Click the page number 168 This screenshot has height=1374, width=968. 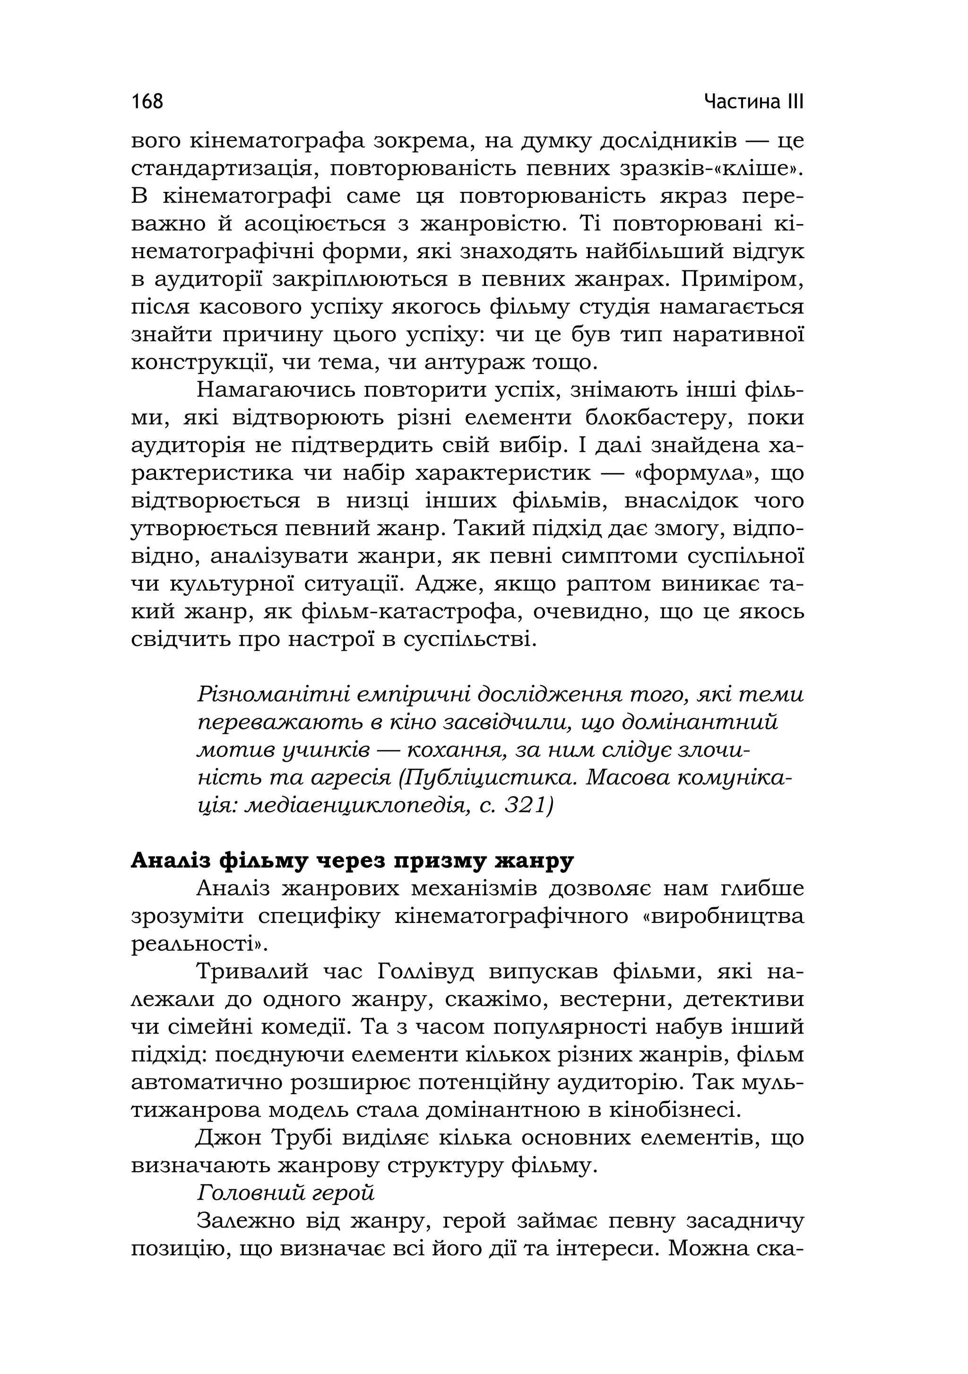(147, 101)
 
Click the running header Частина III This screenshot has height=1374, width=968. (754, 101)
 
